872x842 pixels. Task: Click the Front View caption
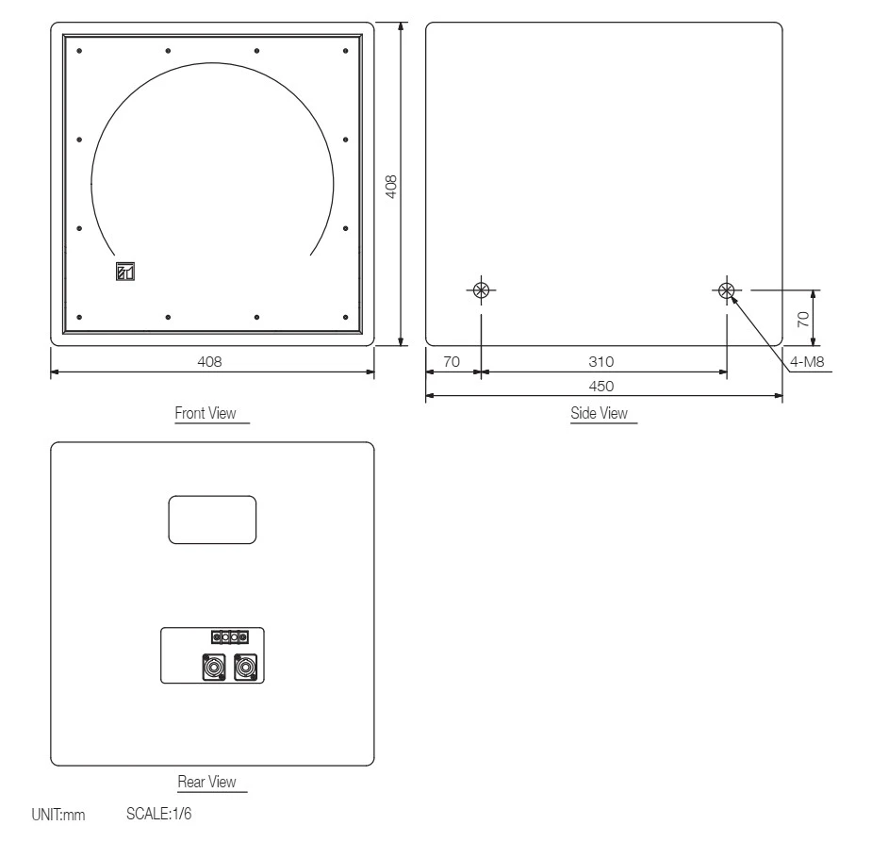pos(206,413)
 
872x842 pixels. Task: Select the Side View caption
pos(599,413)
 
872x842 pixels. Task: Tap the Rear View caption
pos(206,782)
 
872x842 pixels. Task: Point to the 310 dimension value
pos(601,361)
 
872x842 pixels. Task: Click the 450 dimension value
pos(601,385)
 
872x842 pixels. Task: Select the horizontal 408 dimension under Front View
pos(211,361)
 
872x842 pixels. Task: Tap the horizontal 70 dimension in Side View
pos(451,361)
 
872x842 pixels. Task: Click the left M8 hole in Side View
pos(481,290)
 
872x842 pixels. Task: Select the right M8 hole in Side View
pos(726,290)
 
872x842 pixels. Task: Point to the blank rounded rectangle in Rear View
pos(212,520)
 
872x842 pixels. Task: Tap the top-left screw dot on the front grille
pos(79,50)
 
